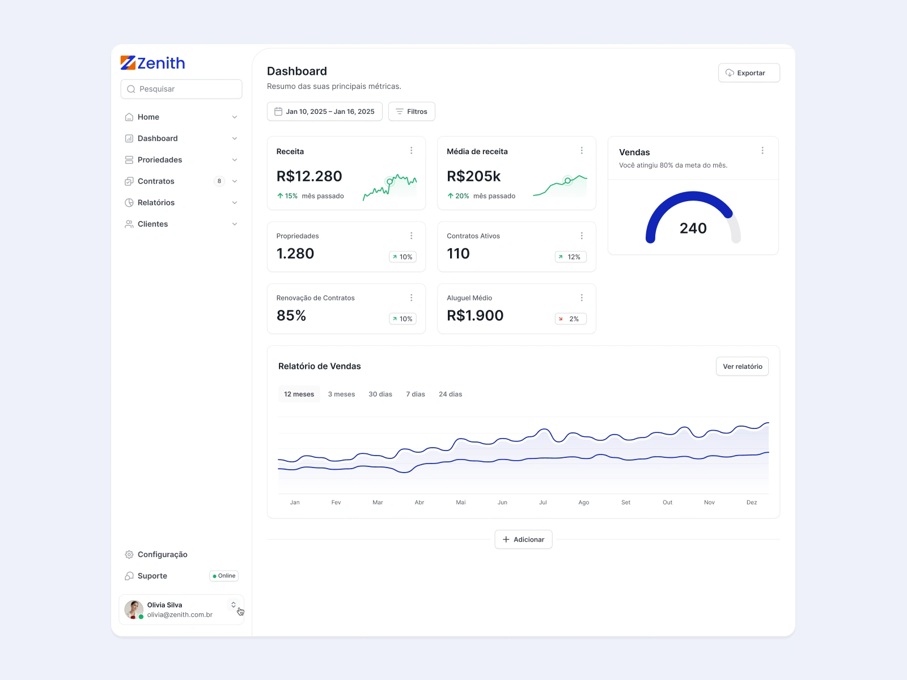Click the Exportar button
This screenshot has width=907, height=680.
click(749, 73)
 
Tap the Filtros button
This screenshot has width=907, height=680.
click(412, 112)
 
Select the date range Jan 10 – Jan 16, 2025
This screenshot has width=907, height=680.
click(325, 112)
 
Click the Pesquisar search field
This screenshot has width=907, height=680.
click(181, 89)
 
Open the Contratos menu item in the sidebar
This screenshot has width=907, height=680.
click(156, 181)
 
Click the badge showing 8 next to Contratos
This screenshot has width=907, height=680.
click(219, 181)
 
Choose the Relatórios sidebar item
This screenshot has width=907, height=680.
click(156, 203)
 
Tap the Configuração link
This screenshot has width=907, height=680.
click(162, 555)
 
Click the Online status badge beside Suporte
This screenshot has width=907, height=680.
click(224, 576)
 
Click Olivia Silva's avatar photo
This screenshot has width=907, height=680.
click(134, 610)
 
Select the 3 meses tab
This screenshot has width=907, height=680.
click(341, 394)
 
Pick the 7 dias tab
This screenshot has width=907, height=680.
click(416, 394)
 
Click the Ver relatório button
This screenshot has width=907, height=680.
click(742, 367)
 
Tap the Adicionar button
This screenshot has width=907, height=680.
click(523, 539)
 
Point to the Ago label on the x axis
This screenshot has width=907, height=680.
click(584, 503)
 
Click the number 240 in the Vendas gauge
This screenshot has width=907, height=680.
click(693, 228)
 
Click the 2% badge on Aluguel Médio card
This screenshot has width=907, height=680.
click(570, 319)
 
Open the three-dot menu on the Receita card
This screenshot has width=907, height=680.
click(412, 151)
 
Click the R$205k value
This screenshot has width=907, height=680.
click(473, 176)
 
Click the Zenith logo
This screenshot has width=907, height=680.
click(153, 63)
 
